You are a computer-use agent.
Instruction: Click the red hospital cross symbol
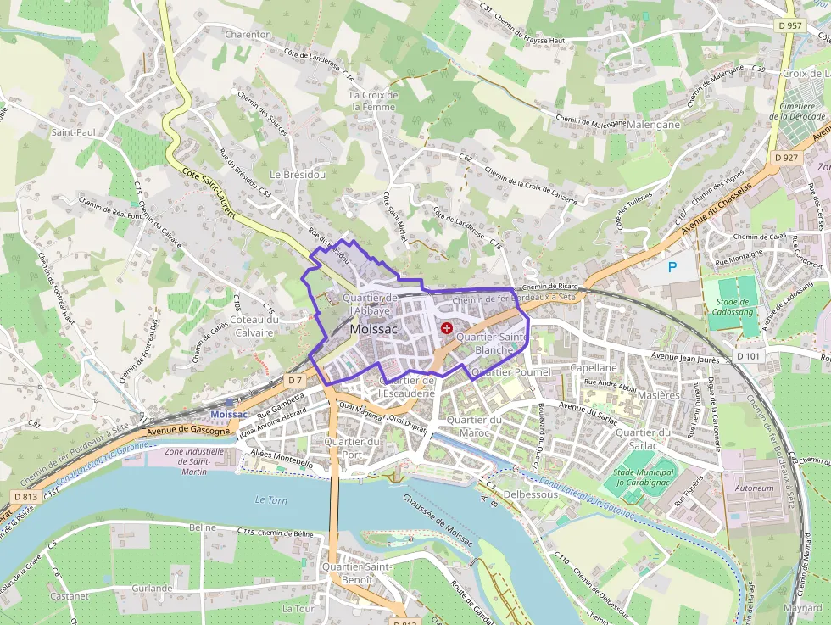click(x=447, y=327)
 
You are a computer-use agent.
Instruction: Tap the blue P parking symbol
click(x=672, y=267)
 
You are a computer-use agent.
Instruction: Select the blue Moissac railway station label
click(x=227, y=413)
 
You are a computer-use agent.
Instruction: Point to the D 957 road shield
click(x=789, y=25)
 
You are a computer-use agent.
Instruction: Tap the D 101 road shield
click(x=748, y=356)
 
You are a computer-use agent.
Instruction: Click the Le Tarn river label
click(x=271, y=500)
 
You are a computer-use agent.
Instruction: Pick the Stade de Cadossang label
click(x=733, y=306)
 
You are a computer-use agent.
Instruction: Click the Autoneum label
click(x=755, y=488)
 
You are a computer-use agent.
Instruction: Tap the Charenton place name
click(x=248, y=35)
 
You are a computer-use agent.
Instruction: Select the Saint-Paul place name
click(x=74, y=132)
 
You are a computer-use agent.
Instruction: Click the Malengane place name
click(x=653, y=125)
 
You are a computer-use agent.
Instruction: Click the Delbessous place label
click(x=530, y=494)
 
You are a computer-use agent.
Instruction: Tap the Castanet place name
click(x=70, y=596)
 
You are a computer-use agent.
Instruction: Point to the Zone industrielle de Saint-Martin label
click(x=194, y=461)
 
